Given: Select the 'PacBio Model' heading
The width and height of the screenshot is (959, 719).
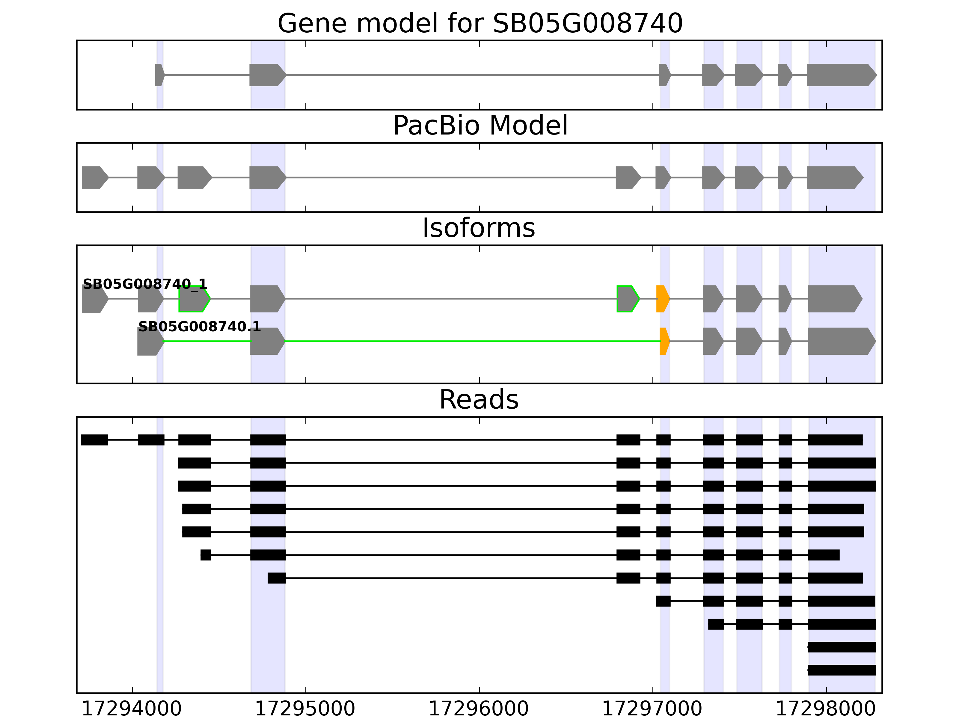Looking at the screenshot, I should coord(480,126).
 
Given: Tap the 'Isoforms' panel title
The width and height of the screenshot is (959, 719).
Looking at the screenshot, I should coord(479,228).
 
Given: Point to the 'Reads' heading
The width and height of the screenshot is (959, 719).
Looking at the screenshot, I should coord(479,400).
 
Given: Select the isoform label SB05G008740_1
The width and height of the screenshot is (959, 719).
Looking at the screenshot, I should coord(145,284).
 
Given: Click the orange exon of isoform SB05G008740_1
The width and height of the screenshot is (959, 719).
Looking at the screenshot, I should coord(662,299).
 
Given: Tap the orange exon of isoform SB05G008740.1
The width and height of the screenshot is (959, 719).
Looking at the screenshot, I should coord(664,341).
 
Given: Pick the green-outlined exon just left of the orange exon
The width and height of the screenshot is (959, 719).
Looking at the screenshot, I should coord(627,299).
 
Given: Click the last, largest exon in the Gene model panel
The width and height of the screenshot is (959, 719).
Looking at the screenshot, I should coord(840,75).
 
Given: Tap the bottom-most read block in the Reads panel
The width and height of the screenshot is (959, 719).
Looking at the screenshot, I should coord(842,670).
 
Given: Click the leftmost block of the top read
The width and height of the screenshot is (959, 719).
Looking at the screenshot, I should coord(94,440).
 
